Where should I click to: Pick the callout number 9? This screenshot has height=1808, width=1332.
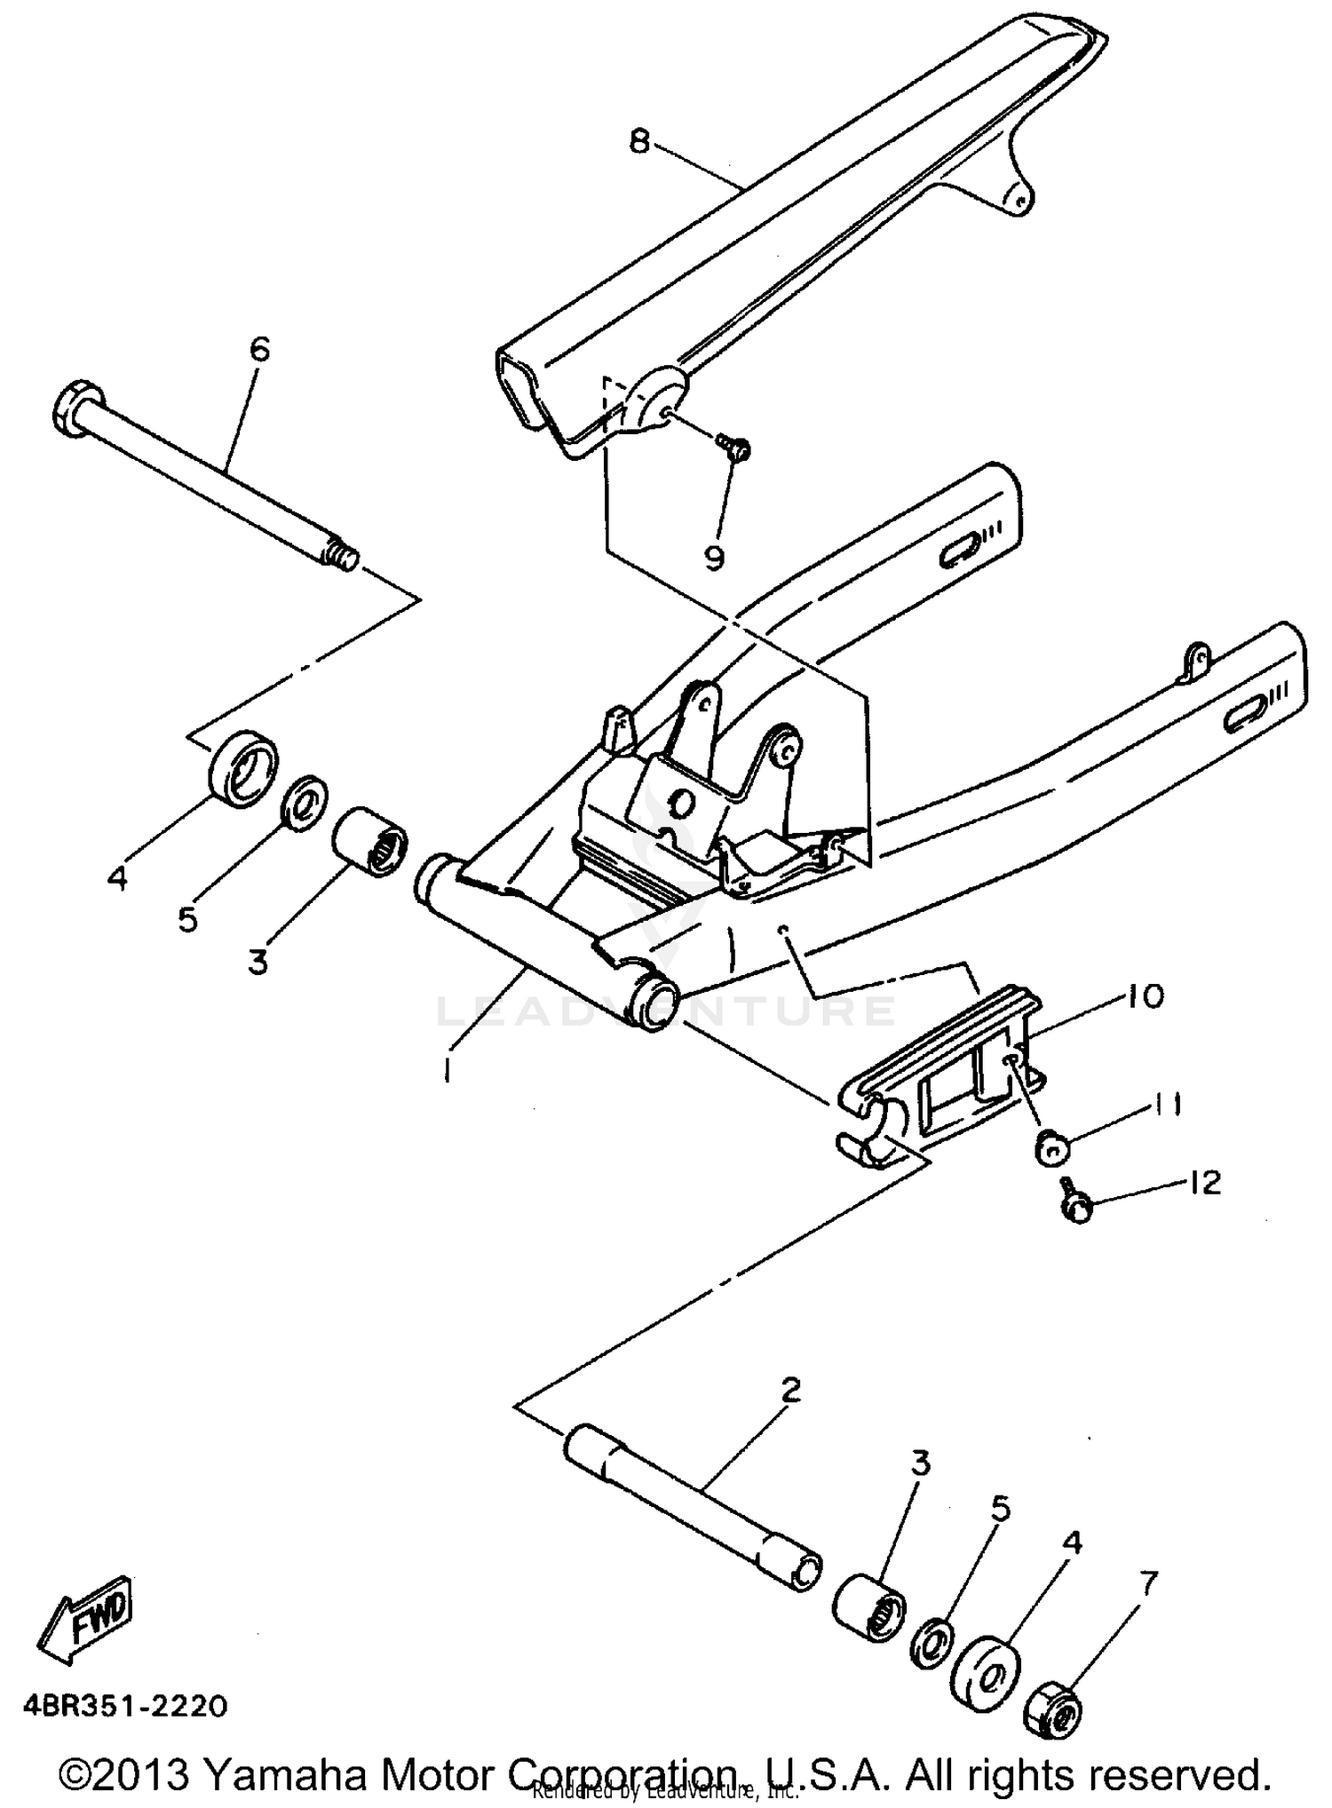(714, 557)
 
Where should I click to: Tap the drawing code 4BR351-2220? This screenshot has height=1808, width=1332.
(124, 1706)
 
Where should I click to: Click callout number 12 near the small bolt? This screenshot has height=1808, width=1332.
(1204, 1182)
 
